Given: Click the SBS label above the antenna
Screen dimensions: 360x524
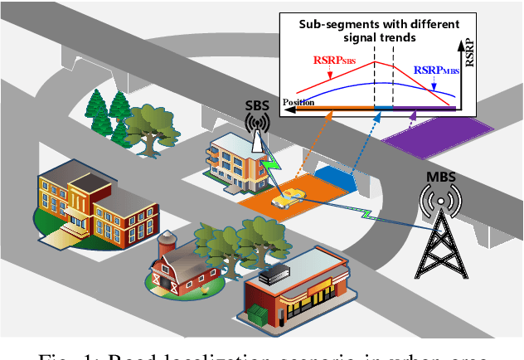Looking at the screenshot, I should [257, 106].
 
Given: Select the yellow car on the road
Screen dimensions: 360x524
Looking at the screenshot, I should [289, 199].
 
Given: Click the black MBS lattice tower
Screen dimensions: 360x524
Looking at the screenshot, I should [438, 241].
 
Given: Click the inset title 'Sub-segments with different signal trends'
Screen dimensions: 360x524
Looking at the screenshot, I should [371, 32].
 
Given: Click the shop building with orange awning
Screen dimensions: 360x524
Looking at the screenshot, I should [298, 286].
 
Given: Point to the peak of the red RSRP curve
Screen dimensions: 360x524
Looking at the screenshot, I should [374, 61].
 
